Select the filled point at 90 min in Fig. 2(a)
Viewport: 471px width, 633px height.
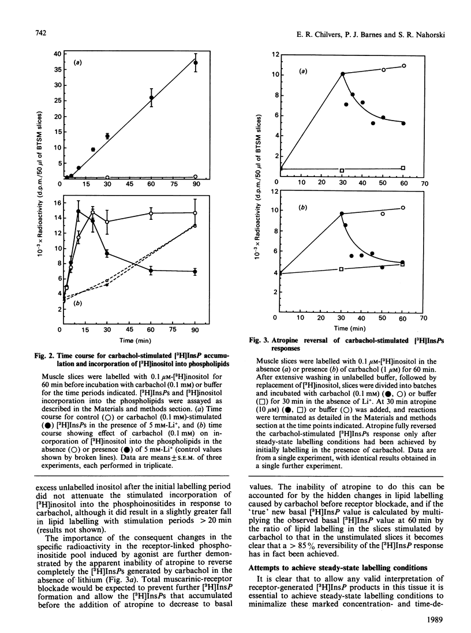(x=196, y=62)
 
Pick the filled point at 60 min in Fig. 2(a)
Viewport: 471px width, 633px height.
(x=151, y=98)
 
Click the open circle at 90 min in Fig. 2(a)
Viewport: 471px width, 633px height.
(x=196, y=176)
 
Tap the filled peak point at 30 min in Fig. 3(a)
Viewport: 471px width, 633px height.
(x=343, y=74)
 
